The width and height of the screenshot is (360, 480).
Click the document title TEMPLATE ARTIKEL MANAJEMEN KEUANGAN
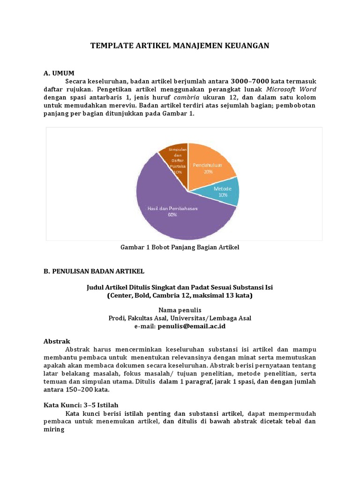point(180,45)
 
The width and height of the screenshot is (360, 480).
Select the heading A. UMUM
point(59,73)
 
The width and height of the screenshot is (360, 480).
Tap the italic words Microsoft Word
point(291,89)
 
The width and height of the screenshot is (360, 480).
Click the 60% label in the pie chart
point(172,215)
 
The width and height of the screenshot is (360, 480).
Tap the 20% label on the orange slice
point(208,172)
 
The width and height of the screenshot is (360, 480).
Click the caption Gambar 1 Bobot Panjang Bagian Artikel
point(180,247)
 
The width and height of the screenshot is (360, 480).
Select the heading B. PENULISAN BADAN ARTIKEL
point(94,271)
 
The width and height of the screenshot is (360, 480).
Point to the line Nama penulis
point(180,310)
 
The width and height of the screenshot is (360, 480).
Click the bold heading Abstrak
point(56,342)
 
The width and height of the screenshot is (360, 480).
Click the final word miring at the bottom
point(53,429)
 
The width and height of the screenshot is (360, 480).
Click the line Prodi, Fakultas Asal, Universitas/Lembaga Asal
point(180,318)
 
